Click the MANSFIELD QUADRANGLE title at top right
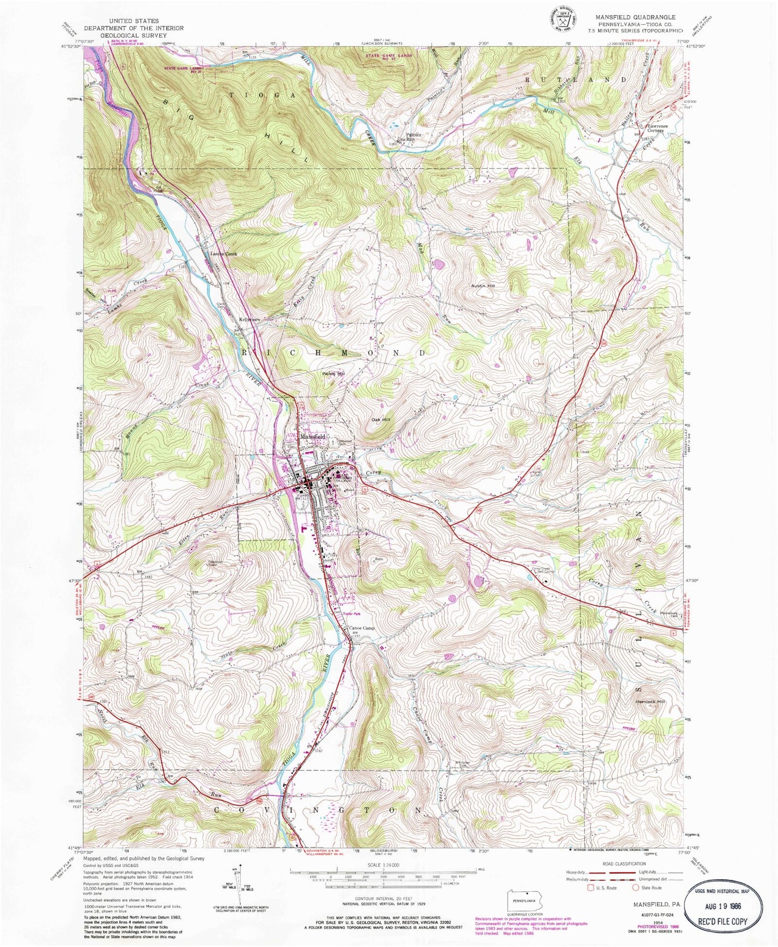tap(635, 17)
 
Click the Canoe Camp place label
tap(361, 628)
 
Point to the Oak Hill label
tap(380, 419)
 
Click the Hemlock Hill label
tap(650, 702)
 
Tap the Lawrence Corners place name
tap(657, 128)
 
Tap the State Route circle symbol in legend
tap(635, 888)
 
